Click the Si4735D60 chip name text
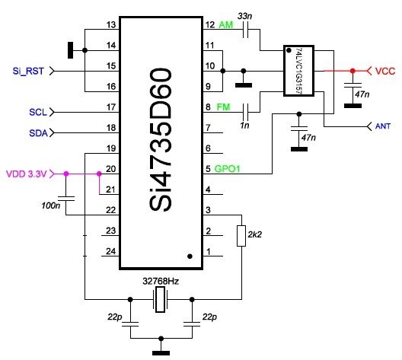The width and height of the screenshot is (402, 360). [x=160, y=139]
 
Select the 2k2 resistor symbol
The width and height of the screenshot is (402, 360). [x=241, y=236]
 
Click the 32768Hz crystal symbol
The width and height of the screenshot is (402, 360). [x=161, y=299]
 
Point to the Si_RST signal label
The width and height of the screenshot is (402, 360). [x=28, y=71]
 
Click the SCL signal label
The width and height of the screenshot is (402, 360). [x=38, y=112]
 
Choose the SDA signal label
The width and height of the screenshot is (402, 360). [x=39, y=133]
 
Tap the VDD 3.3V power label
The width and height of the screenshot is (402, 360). [x=27, y=174]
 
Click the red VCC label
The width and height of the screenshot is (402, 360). [x=385, y=71]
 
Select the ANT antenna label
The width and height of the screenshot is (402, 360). [x=383, y=126]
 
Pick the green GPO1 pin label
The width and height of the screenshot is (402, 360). [x=227, y=169]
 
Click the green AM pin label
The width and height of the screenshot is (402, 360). [x=226, y=25]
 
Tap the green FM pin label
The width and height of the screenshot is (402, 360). [x=223, y=107]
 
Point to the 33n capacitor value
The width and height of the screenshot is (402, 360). [x=244, y=16]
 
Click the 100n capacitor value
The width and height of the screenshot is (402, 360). [x=51, y=205]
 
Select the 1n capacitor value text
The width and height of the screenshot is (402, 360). [x=244, y=125]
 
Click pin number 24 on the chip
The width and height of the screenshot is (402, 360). [x=110, y=251]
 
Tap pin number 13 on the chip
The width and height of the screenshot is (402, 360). [x=111, y=25]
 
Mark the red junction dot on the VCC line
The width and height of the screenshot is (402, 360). [x=353, y=71]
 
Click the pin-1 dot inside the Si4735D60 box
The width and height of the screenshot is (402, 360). [x=190, y=256]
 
